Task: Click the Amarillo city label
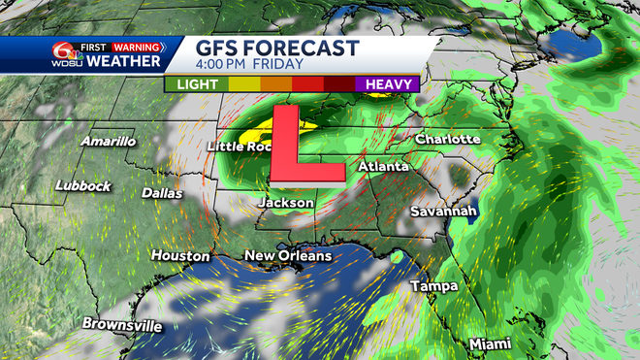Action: click(x=109, y=142)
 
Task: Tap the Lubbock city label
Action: click(x=84, y=185)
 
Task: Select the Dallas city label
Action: click(x=162, y=193)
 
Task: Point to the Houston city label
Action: click(x=180, y=256)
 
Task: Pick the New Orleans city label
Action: click(x=288, y=256)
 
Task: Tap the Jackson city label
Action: click(x=285, y=203)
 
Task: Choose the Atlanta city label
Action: click(x=382, y=167)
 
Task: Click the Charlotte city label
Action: click(x=448, y=140)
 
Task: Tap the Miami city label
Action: click(x=491, y=344)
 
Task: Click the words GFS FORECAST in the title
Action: click(x=277, y=49)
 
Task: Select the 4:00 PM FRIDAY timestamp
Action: click(x=250, y=65)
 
